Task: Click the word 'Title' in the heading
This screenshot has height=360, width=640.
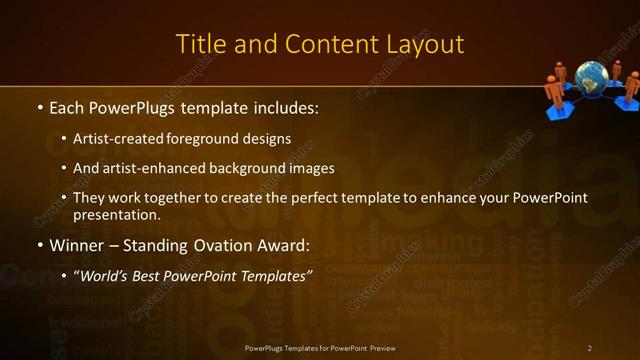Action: pos(199,44)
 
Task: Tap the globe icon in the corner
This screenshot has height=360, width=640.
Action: pos(590,79)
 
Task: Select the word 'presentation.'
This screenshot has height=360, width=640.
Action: pos(116,214)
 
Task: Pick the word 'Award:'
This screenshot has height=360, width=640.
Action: pos(286,244)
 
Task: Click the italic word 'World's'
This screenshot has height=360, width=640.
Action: pos(104,274)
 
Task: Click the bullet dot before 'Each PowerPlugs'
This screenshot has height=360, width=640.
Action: pos(38,106)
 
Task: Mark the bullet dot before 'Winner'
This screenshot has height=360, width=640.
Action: pos(38,245)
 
